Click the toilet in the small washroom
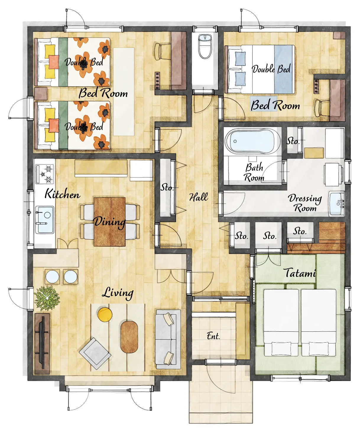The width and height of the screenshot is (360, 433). tap(205, 46)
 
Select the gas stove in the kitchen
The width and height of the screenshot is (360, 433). tap(45, 174)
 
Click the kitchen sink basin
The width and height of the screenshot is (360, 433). tap(45, 220)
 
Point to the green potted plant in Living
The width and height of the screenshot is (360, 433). tap(47, 298)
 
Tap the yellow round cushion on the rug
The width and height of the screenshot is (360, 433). tap(105, 315)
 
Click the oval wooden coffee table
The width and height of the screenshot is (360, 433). tap(129, 337)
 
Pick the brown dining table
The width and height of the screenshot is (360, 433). tap(110, 222)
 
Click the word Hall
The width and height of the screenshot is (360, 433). tap(199, 197)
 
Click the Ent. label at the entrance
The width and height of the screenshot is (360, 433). tap(213, 336)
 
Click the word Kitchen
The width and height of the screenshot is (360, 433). tap(62, 194)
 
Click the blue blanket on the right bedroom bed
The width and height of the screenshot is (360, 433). tap(284, 69)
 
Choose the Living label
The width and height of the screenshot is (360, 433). tap(118, 293)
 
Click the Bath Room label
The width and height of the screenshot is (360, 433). tap(254, 172)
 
